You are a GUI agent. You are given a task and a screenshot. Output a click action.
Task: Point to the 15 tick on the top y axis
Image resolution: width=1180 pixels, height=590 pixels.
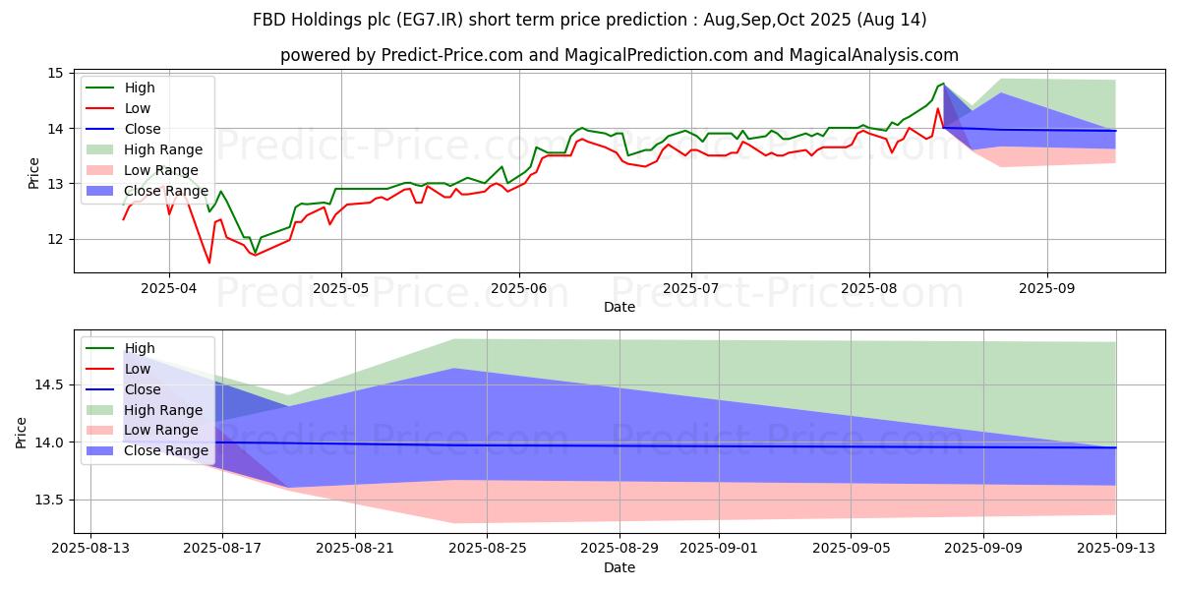pyautogui.click(x=55, y=74)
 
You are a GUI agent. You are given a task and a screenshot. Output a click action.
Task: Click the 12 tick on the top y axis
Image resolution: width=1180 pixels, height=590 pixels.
pyautogui.click(x=55, y=239)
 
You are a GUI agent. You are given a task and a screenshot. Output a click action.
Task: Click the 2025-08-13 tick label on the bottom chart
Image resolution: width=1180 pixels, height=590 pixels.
pyautogui.click(x=90, y=548)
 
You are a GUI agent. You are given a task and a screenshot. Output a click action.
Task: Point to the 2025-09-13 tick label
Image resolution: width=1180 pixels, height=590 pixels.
pyautogui.click(x=1114, y=548)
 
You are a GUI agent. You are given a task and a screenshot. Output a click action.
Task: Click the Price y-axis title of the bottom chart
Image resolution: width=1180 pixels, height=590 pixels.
pyautogui.click(x=22, y=431)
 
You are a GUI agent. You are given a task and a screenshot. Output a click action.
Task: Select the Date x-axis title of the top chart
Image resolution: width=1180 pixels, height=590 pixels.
pyautogui.click(x=619, y=308)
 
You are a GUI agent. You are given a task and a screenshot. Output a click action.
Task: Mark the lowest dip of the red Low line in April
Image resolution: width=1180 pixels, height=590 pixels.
pyautogui.click(x=208, y=263)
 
